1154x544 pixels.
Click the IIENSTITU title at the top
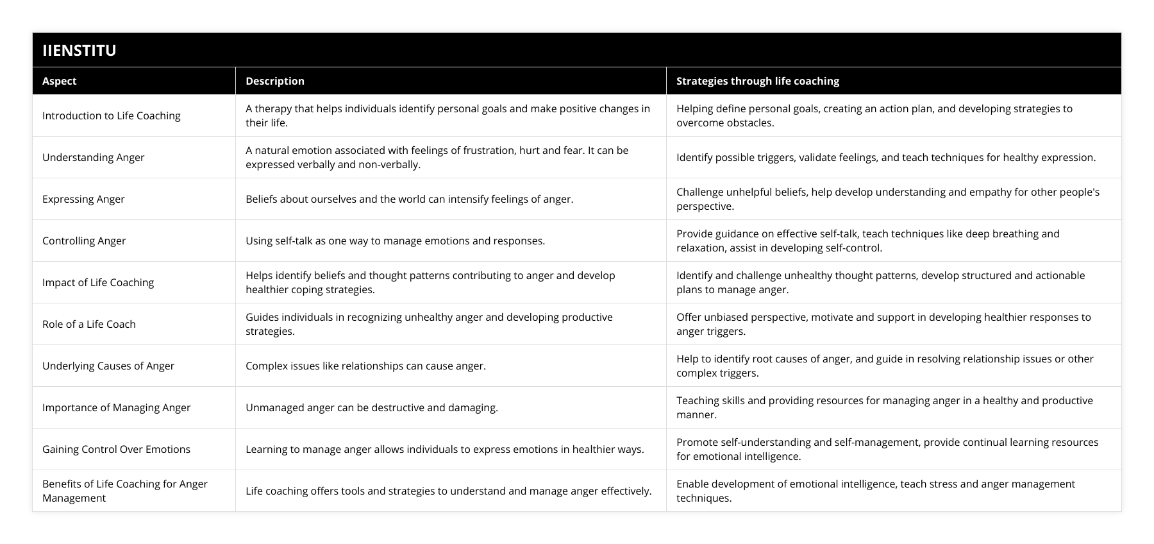click(79, 50)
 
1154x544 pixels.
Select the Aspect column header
click(60, 81)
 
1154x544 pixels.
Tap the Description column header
click(275, 81)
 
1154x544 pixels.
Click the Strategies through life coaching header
click(757, 81)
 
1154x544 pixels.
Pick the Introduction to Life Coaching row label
click(112, 115)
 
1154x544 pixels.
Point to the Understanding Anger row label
click(94, 157)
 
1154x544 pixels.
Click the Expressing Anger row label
click(83, 199)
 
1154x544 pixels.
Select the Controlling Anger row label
click(84, 241)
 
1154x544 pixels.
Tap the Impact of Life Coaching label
click(98, 282)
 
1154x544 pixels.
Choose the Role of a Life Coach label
click(89, 324)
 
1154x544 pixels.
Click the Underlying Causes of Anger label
click(108, 366)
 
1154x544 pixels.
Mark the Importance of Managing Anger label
click(116, 407)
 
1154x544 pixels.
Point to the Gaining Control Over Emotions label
click(116, 449)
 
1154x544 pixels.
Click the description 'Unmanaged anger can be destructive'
click(372, 407)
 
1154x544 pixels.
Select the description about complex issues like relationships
click(365, 366)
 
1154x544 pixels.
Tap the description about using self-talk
click(395, 241)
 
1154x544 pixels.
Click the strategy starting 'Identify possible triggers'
click(886, 157)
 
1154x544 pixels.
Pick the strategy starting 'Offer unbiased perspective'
click(883, 324)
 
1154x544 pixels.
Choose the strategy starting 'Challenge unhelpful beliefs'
click(888, 199)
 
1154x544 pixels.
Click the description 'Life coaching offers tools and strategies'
click(448, 491)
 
